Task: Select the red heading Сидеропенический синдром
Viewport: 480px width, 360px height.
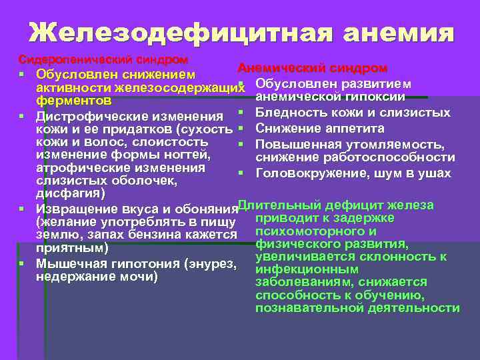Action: (103, 60)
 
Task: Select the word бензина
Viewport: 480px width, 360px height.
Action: (143, 235)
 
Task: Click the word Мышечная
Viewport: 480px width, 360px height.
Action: (66, 264)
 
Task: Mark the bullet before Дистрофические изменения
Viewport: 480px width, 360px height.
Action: (23, 117)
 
